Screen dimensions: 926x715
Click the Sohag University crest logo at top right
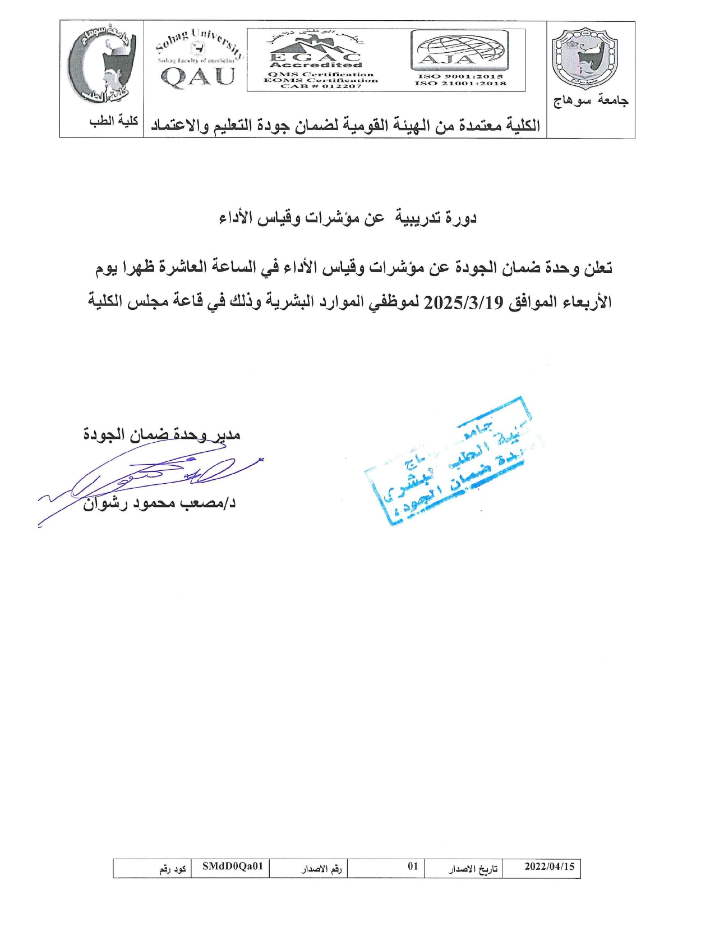(x=585, y=59)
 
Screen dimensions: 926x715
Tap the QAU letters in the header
(x=197, y=76)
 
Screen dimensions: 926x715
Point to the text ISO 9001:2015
(x=460, y=76)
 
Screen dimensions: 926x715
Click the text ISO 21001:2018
(x=460, y=84)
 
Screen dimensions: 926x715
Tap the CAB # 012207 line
(x=321, y=86)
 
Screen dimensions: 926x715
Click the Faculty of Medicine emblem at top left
(x=102, y=66)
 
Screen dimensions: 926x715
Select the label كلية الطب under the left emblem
(x=114, y=121)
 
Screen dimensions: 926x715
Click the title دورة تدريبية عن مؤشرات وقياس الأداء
(x=348, y=218)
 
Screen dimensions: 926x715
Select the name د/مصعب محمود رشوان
(x=159, y=503)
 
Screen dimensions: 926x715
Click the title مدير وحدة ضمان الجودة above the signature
(x=162, y=434)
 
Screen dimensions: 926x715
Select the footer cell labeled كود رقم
(x=172, y=869)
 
